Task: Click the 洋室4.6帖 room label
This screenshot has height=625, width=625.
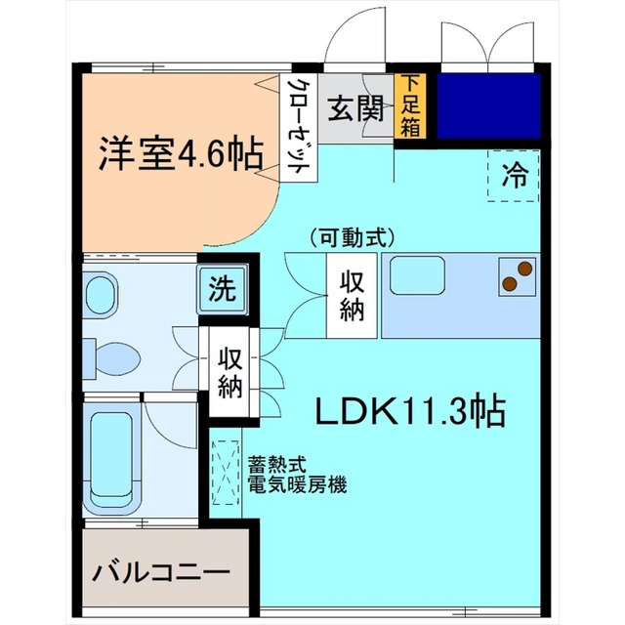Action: (180, 153)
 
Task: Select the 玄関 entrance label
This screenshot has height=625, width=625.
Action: (354, 107)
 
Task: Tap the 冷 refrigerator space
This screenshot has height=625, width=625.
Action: (514, 176)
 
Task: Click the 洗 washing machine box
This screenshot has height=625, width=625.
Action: (224, 290)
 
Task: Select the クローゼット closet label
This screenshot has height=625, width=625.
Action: (296, 127)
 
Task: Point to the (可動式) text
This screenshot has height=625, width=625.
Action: (351, 237)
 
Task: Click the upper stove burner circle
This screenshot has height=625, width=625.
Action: (523, 268)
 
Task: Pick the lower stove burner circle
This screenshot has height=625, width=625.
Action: (510, 284)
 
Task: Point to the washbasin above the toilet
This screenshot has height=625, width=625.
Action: (101, 294)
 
